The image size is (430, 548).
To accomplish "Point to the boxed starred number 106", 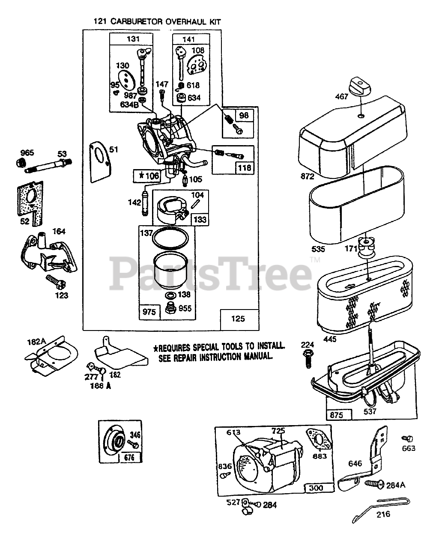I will point(146,175).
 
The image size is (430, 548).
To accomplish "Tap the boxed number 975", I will point(149,312).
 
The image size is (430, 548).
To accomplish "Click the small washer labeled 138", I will point(169,296).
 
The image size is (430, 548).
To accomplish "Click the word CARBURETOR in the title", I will point(137,21).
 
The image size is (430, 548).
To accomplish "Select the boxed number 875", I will point(339,414).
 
